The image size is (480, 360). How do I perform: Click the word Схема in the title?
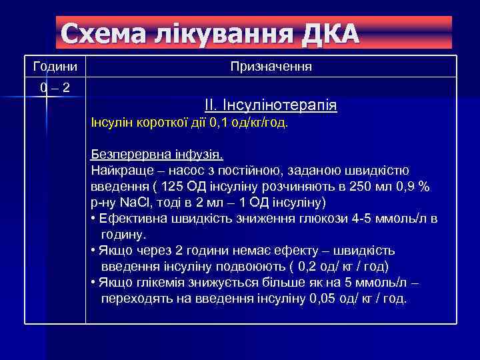(99, 33)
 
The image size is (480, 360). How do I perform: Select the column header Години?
(55, 67)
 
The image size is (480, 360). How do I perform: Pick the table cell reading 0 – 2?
(55, 87)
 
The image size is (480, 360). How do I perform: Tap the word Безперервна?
(125, 155)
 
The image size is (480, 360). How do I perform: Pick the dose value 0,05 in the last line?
(323, 299)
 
